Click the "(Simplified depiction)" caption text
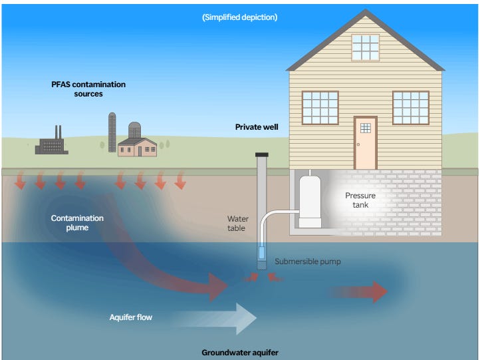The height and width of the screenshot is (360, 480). (239, 17)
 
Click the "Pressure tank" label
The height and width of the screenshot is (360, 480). (360, 200)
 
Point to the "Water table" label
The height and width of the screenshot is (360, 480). (237, 223)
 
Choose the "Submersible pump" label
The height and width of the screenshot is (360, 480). (307, 262)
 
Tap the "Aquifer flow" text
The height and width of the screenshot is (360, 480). (130, 317)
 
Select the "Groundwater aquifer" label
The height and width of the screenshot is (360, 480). (240, 352)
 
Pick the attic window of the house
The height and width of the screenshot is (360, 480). (365, 47)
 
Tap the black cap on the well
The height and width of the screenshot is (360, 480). (261, 155)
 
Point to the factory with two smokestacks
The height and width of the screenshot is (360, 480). (51, 144)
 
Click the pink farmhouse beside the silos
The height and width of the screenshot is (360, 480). (138, 146)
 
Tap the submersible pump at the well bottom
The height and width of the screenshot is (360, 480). (261, 257)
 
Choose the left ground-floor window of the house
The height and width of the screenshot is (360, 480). (320, 108)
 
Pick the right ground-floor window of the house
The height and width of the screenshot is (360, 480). (410, 108)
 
